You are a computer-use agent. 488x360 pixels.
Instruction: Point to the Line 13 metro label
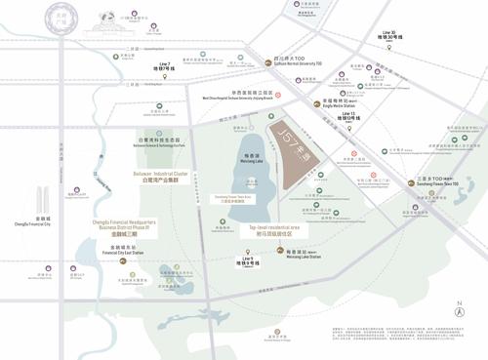[x=353, y=116]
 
